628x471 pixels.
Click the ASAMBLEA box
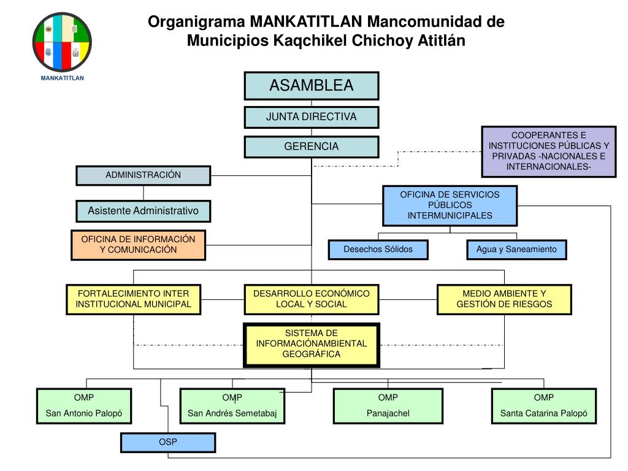312,85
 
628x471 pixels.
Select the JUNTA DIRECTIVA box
312,117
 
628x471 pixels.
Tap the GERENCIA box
312,147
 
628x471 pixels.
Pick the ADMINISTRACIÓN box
144,175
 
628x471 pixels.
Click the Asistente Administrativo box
144,211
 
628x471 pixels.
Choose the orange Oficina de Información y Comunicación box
138,245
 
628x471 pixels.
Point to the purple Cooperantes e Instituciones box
549,151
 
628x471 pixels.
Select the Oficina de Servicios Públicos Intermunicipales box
450,205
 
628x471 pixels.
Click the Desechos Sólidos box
378,250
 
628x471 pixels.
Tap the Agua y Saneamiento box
516,250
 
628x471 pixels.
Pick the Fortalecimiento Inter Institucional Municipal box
134,299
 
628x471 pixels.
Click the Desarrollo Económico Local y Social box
312,299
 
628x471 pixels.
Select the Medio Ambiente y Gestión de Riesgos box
504,299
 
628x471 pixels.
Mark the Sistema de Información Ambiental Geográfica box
312,345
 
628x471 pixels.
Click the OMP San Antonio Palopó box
85,406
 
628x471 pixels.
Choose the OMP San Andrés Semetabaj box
232,406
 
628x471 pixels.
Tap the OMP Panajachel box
388,406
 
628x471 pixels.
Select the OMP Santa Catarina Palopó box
544,406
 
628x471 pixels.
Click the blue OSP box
168,442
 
